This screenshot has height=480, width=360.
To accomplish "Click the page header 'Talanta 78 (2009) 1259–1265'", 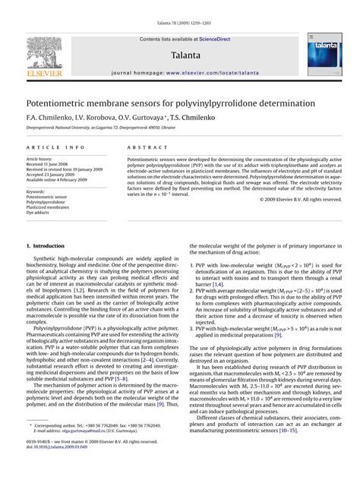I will coord(179,6).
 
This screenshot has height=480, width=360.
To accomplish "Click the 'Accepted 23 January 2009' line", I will coord(54,175).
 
